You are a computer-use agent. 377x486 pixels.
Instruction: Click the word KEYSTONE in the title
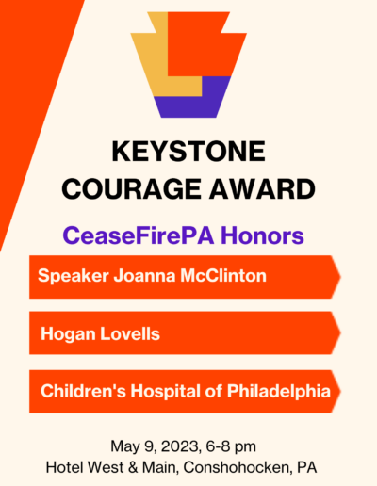(x=188, y=152)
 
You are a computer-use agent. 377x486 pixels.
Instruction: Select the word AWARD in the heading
(x=262, y=189)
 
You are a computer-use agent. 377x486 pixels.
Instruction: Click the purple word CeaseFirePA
(x=139, y=235)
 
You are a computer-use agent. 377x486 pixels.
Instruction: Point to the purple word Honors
(x=262, y=235)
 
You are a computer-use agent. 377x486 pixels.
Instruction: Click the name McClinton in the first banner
(x=223, y=276)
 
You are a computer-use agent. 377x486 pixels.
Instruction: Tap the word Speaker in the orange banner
(x=74, y=276)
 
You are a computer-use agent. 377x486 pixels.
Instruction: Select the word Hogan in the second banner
(x=68, y=334)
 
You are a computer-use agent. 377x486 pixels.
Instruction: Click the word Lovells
(x=130, y=333)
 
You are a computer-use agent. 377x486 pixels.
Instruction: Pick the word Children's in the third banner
(x=83, y=391)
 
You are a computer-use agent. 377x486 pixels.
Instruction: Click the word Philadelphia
(x=279, y=392)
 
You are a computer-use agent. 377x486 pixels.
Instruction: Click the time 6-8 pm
(x=231, y=447)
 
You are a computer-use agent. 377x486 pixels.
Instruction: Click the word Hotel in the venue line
(x=65, y=467)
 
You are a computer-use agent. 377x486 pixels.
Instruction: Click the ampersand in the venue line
(x=133, y=468)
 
